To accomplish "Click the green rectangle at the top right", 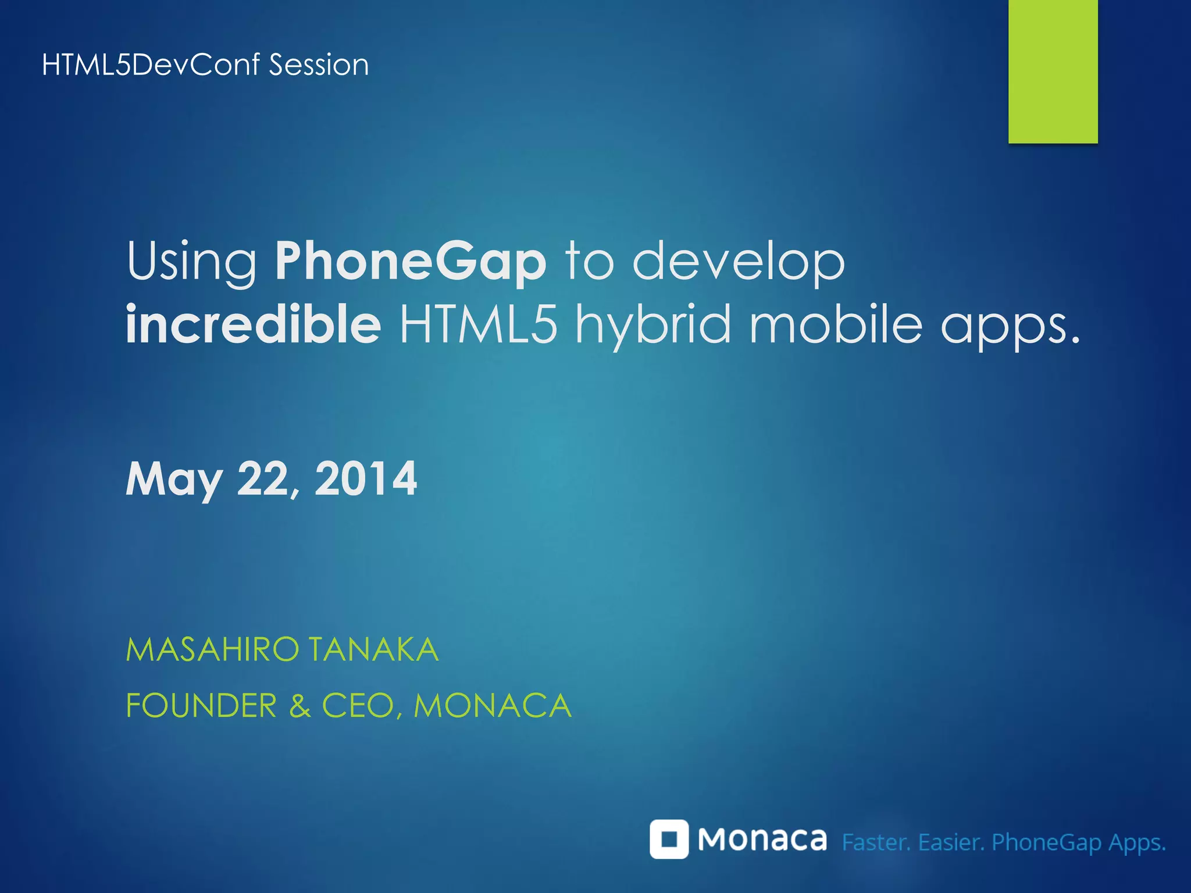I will click(1053, 71).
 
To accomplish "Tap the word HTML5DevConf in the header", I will click(151, 65).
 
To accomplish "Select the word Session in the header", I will click(319, 65).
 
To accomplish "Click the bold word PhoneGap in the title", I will click(411, 261).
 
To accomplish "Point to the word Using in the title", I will click(192, 262).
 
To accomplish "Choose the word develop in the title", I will click(739, 261).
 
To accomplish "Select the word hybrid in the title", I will click(652, 326).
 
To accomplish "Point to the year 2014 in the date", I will click(366, 478).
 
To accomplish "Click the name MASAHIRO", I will click(212, 649).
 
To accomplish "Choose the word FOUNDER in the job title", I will click(201, 706).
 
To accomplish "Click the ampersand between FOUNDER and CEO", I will click(299, 706).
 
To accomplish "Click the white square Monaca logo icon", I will click(669, 839).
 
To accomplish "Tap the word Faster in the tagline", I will click(876, 842).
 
